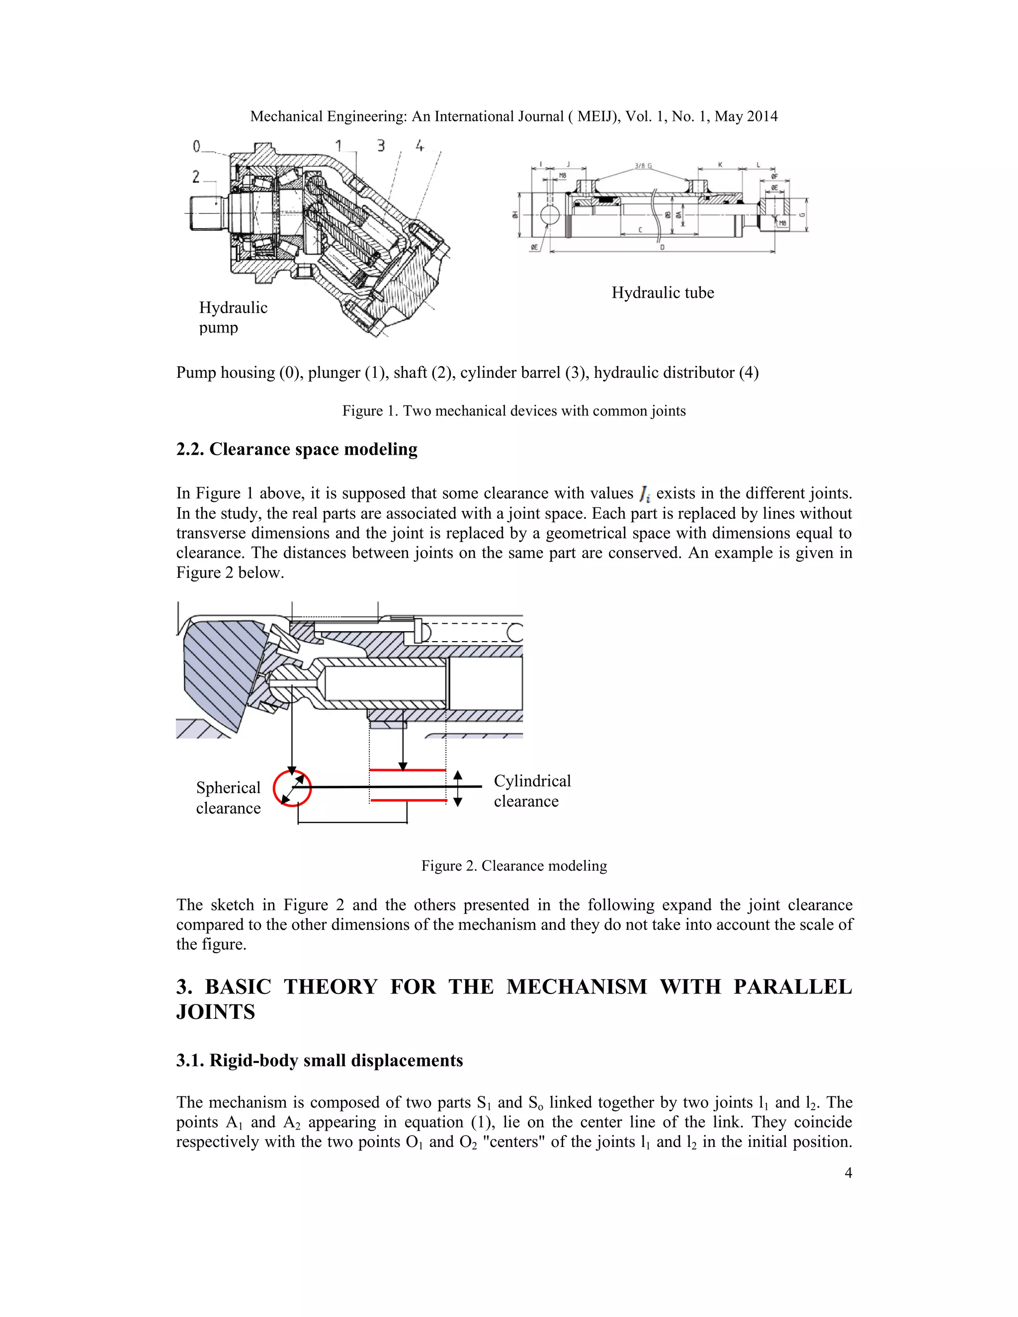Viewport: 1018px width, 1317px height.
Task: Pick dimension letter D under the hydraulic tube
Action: coord(662,247)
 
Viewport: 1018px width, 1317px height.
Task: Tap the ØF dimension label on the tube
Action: coord(774,177)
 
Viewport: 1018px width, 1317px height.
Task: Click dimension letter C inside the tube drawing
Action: coord(640,230)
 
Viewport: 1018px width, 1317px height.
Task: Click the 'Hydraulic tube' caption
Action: coord(662,293)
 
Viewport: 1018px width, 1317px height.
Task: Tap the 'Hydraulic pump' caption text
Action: coord(233,317)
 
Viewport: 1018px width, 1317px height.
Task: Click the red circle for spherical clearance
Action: coord(292,788)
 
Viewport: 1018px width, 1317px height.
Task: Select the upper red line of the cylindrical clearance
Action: coord(407,770)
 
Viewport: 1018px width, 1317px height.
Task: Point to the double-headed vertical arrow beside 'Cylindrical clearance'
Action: coord(458,788)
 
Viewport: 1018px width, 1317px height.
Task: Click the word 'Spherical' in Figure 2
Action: coord(228,788)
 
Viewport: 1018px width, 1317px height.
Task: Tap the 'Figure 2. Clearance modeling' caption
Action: coord(514,866)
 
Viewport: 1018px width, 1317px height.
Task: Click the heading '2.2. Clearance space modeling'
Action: coord(297,449)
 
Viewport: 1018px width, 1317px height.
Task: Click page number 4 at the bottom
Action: coord(848,1173)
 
